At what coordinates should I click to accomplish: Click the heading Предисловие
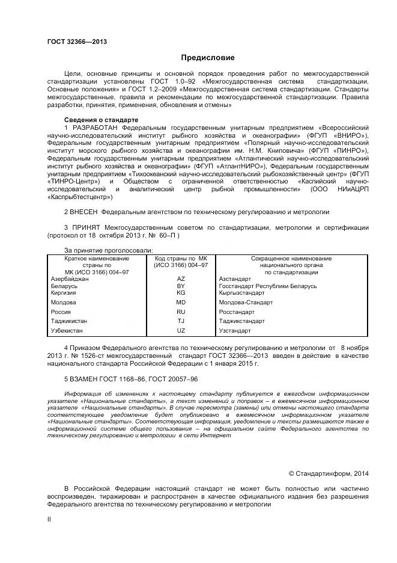click(x=208, y=57)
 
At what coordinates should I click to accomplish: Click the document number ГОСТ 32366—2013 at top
click(x=76, y=42)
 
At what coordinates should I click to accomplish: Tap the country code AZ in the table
click(x=181, y=279)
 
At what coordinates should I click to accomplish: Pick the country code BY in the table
click(x=181, y=286)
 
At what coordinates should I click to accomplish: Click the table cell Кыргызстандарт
click(x=241, y=292)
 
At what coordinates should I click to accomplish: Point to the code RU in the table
click(x=181, y=312)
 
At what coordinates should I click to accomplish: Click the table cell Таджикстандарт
click(x=242, y=321)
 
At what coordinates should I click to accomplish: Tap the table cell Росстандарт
click(x=237, y=312)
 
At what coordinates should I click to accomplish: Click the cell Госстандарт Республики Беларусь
click(x=268, y=286)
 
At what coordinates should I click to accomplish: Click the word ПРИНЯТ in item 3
click(x=86, y=228)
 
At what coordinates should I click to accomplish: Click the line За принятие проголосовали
click(x=108, y=250)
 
